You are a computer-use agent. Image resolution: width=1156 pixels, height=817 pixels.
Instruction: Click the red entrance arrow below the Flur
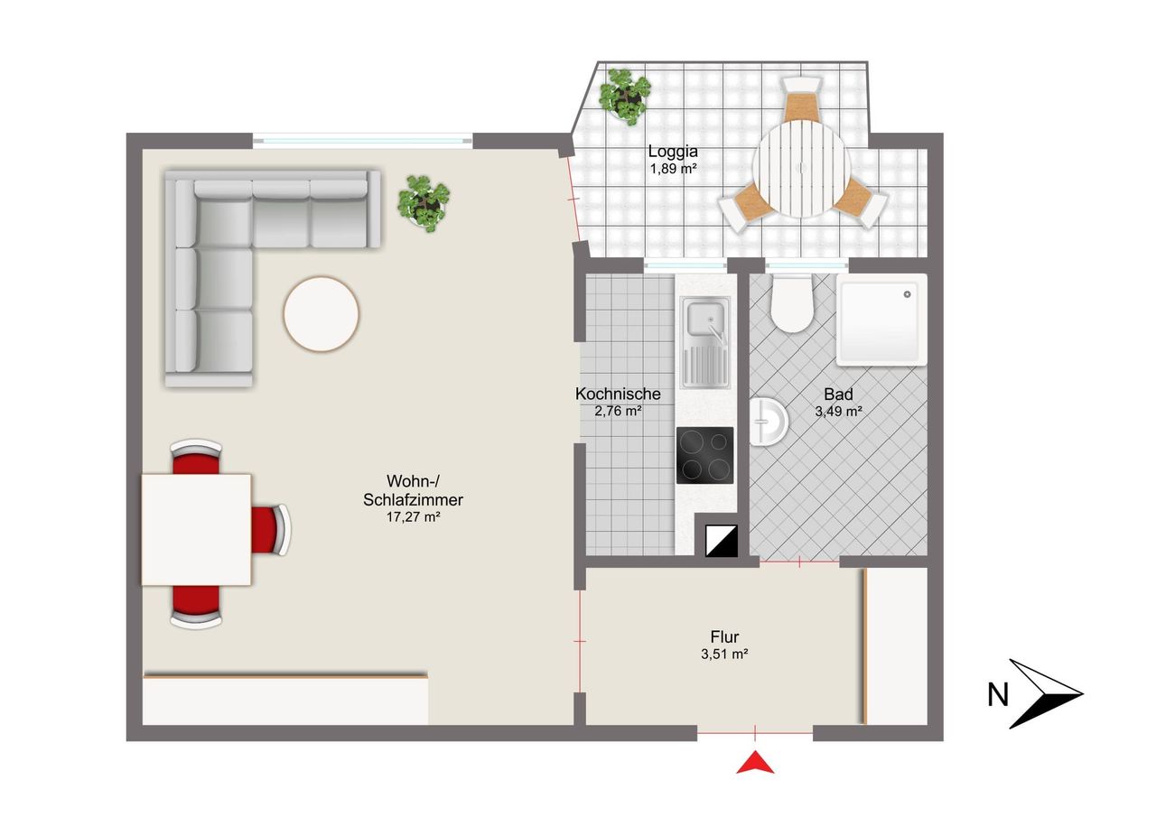[755, 764]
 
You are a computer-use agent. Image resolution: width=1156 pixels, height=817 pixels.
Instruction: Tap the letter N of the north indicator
[998, 695]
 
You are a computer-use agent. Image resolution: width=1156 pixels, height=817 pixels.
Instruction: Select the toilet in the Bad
[792, 303]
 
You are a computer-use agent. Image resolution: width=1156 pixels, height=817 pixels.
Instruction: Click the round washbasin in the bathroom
[769, 422]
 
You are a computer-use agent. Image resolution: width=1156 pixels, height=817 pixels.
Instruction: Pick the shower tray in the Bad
[881, 320]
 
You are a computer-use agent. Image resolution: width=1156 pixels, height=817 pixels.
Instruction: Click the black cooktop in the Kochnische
[705, 455]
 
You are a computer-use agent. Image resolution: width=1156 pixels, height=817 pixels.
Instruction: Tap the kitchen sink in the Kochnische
[705, 342]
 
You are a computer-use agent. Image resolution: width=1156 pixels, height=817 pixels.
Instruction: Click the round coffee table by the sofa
[321, 314]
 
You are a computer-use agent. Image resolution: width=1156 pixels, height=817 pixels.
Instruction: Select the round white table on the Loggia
[801, 169]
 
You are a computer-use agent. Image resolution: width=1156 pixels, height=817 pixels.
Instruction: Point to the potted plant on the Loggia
[624, 97]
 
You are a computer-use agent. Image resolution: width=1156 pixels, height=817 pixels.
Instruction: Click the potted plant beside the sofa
[424, 203]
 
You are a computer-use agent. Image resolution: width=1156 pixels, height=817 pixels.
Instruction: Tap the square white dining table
[196, 530]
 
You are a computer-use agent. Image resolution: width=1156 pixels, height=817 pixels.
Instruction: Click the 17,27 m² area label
[413, 516]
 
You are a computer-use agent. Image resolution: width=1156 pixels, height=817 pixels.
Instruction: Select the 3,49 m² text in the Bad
[838, 411]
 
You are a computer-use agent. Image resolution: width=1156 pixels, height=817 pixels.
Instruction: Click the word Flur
[724, 636]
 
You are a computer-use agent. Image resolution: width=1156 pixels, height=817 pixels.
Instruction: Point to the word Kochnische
[618, 394]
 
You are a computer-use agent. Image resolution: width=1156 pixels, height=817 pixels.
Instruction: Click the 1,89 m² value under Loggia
[674, 169]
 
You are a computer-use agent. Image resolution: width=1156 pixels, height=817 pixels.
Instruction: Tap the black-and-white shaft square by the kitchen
[722, 541]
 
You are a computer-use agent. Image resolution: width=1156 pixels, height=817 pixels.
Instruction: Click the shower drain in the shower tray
[908, 294]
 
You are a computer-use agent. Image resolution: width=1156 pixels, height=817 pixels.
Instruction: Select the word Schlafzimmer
[413, 499]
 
